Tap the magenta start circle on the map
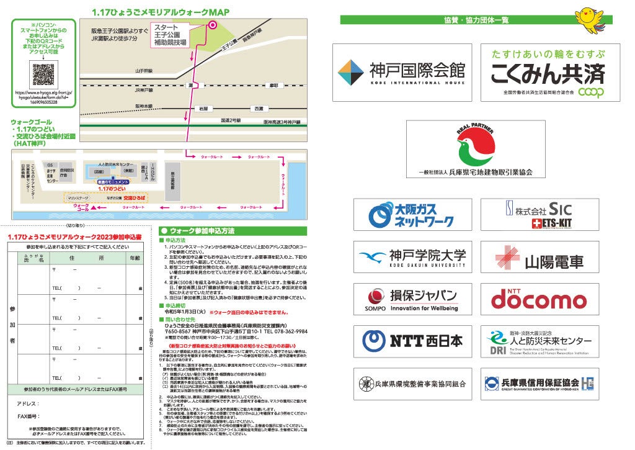tap(212, 25)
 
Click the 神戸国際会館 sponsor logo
tap(401, 73)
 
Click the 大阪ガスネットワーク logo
tap(412, 214)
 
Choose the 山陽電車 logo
tap(541, 258)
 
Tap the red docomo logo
tap(539, 299)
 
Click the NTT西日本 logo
tap(412, 340)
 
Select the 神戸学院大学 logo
tap(412, 257)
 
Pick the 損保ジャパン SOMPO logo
tap(412, 299)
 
